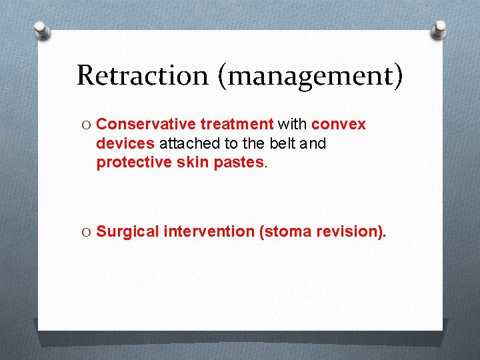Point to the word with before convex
click(x=293, y=125)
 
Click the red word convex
click(x=339, y=125)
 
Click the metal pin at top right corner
click(x=439, y=29)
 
